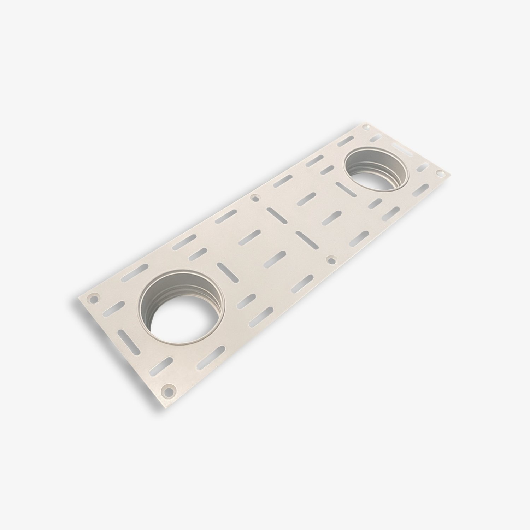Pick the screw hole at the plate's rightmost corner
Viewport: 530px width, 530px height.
(440, 173)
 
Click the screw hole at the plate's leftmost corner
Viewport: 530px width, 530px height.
(94, 299)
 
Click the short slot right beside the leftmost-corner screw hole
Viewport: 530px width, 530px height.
(113, 310)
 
